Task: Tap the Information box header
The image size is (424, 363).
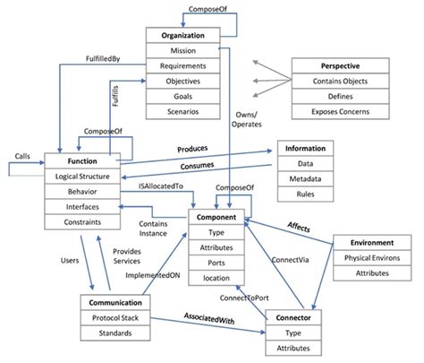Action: coord(306,148)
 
